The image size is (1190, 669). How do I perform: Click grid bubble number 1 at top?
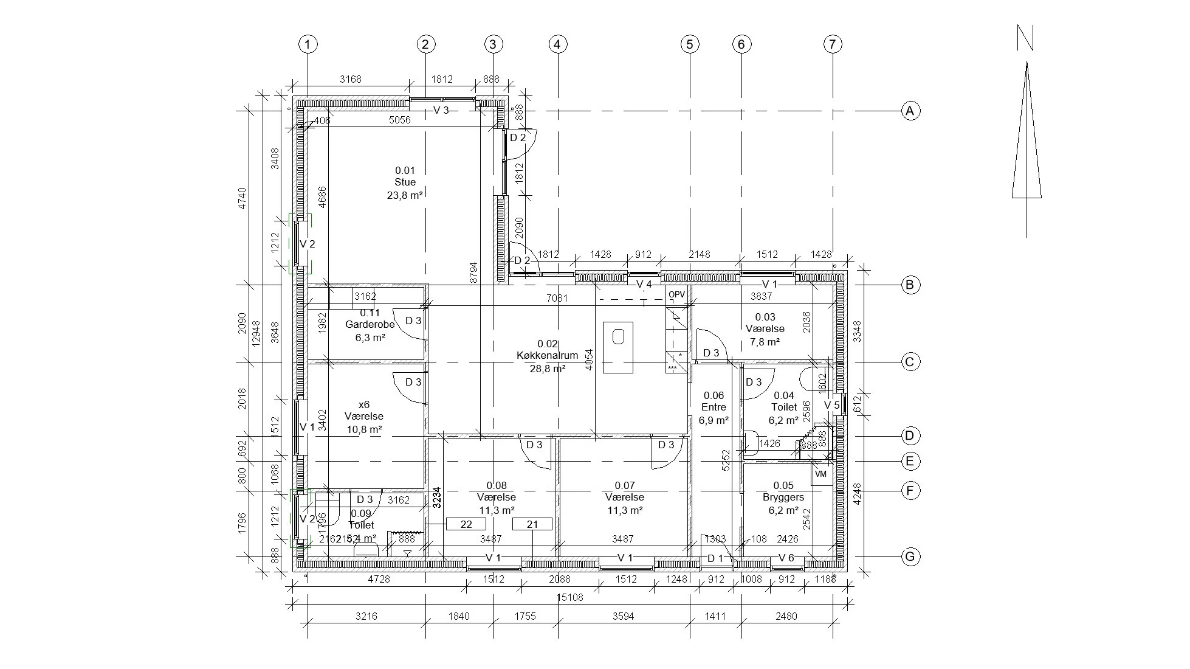coord(308,44)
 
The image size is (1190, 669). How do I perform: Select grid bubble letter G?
coord(910,556)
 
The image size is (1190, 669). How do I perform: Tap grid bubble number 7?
coord(832,44)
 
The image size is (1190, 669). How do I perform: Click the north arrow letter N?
coord(1025,38)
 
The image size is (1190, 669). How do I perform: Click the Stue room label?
coord(405,182)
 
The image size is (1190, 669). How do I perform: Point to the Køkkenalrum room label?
coord(547,356)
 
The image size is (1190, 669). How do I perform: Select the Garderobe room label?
coord(370,325)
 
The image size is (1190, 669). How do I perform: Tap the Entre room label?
coord(714,407)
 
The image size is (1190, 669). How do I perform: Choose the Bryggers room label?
coord(783,497)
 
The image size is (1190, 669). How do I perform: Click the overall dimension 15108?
coord(569,597)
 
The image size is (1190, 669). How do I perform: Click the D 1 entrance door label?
coord(715,558)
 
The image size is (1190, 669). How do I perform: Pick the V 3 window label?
coord(441,110)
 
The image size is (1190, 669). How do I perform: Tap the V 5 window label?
coord(831,405)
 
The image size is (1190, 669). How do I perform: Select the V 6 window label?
coord(786,558)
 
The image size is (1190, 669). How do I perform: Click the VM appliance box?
coord(821,474)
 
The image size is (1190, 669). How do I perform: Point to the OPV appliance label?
coord(676,295)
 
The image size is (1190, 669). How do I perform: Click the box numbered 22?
coord(466,524)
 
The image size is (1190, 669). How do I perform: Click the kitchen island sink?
coord(618,336)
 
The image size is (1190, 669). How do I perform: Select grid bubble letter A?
coord(910,111)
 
